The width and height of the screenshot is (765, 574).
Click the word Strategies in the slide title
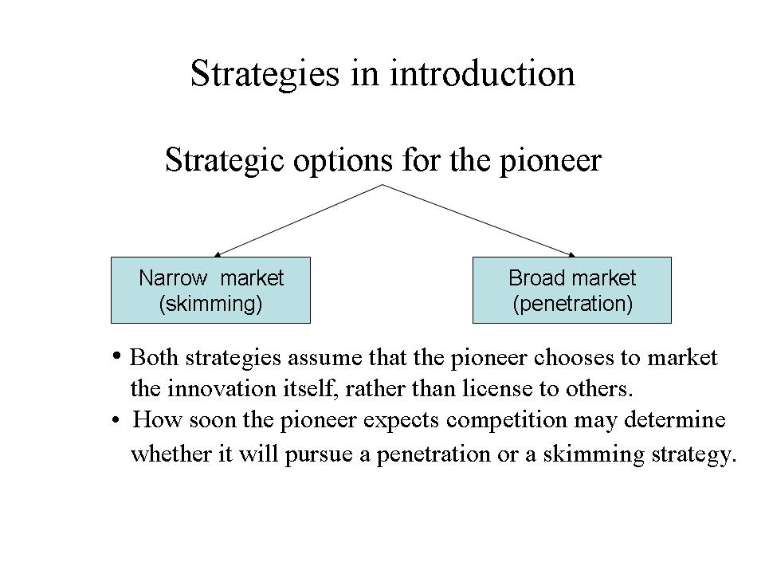click(265, 73)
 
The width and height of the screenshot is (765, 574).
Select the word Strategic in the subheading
click(225, 160)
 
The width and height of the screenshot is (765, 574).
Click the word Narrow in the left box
click(173, 277)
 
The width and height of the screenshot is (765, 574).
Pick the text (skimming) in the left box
click(210, 304)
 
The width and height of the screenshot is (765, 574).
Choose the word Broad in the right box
click(534, 277)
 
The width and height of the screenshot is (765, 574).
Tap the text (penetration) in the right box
click(572, 304)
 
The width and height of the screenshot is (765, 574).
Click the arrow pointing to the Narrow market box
click(298, 221)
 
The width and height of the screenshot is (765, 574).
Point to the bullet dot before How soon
click(116, 419)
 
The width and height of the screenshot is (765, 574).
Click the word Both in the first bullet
click(154, 357)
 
